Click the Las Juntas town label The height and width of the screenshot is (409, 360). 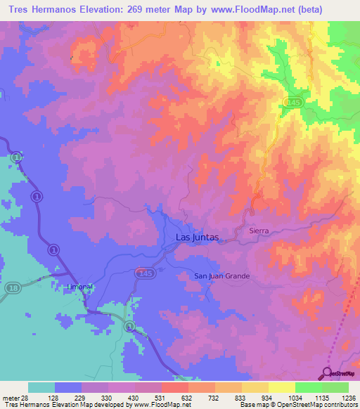point(196,238)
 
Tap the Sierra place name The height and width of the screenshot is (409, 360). point(259,231)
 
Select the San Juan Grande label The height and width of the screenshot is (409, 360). point(222,276)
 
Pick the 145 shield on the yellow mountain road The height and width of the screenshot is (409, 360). point(292,103)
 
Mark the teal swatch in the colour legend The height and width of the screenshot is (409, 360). point(41,387)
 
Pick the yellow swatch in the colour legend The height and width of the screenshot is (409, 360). point(281,387)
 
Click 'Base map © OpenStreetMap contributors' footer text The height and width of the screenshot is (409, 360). point(297,405)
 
